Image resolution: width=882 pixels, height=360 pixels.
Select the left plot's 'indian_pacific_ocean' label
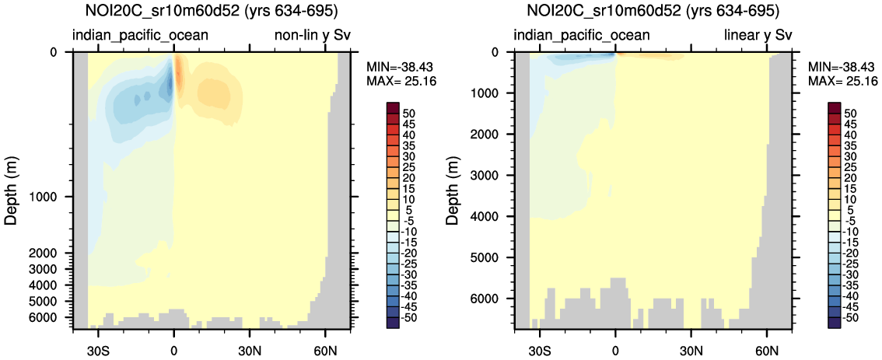tap(140, 35)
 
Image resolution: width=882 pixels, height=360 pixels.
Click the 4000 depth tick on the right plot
tap(494, 216)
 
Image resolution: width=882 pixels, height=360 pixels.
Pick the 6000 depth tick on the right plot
tap(494, 299)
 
